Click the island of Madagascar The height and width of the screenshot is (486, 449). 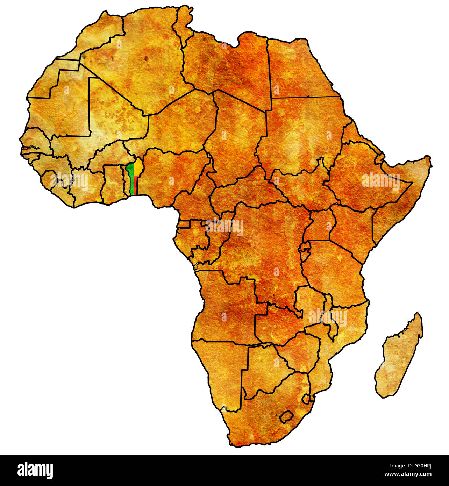(399, 357)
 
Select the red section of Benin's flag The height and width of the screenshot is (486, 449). (135, 185)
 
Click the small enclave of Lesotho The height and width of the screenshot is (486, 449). (286, 416)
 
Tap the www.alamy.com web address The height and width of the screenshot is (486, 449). (407, 474)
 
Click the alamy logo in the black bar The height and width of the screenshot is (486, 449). (35, 470)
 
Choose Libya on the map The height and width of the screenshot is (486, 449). (227, 66)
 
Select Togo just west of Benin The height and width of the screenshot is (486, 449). (126, 182)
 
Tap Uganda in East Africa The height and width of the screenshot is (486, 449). (320, 224)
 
